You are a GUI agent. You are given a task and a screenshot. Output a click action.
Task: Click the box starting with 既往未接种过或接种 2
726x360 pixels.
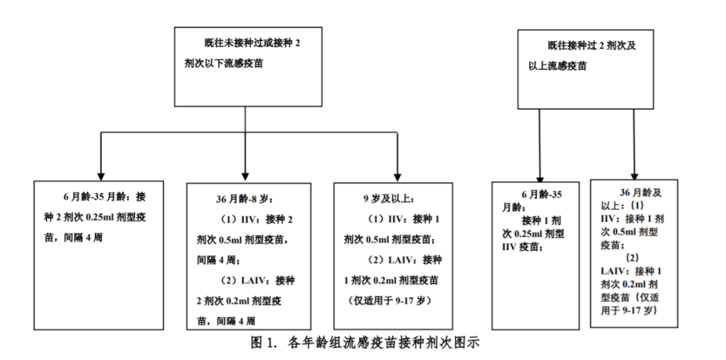coord(247,67)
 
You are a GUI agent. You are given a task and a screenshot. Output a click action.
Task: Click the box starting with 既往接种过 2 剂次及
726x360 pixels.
coord(586,69)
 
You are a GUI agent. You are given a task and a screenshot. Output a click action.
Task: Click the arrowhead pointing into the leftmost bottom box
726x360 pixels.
coord(101,177)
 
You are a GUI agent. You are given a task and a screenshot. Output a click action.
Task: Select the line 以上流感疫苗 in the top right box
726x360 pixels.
coord(557,66)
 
